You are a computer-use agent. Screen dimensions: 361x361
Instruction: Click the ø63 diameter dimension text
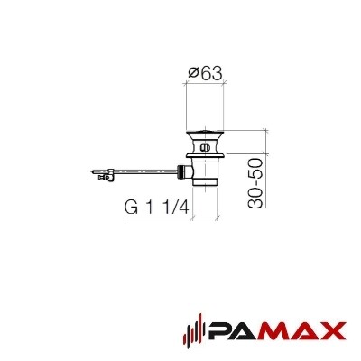(x=205, y=73)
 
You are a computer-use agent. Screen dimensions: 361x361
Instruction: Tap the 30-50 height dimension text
(x=255, y=183)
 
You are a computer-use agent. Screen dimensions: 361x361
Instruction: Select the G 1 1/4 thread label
(x=157, y=208)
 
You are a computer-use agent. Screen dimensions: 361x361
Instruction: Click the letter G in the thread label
(x=132, y=208)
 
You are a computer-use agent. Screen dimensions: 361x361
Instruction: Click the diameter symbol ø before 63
(x=193, y=74)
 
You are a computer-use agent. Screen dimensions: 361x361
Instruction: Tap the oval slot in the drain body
(x=205, y=148)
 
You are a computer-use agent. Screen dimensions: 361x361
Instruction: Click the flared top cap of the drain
(x=205, y=134)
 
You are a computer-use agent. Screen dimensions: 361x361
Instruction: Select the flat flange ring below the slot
(x=205, y=155)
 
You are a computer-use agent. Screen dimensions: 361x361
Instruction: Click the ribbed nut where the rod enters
(x=181, y=172)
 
